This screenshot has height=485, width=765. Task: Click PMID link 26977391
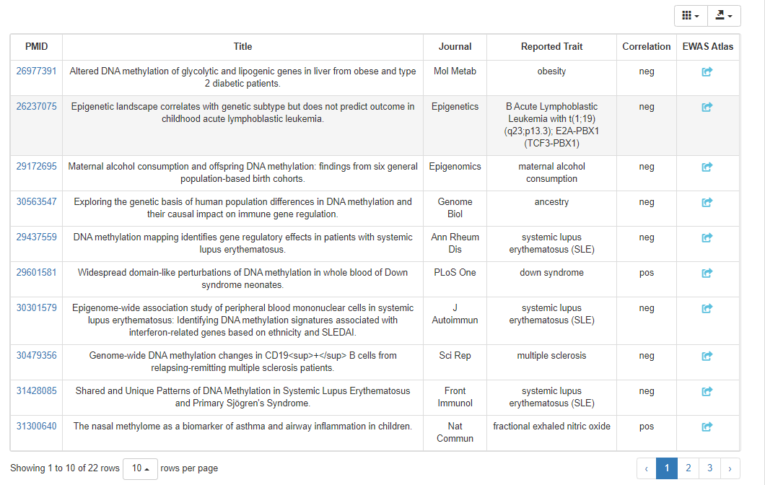tap(36, 71)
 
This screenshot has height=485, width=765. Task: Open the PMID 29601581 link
tap(36, 273)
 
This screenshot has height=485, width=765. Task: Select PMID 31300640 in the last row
tap(36, 427)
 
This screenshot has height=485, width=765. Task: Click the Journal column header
tap(455, 47)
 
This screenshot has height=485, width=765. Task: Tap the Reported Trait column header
tap(551, 47)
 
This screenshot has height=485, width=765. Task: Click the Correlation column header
tap(646, 47)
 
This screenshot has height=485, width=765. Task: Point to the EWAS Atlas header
tap(707, 47)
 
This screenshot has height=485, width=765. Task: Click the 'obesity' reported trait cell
tap(551, 71)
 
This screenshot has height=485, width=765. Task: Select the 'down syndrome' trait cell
tap(551, 273)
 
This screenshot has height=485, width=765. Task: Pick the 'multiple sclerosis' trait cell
tap(551, 356)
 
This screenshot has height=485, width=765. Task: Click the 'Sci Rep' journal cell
tap(455, 356)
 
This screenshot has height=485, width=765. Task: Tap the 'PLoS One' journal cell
tap(455, 273)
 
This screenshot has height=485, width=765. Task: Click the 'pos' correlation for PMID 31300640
tap(646, 427)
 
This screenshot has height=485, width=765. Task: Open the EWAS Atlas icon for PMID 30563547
tap(707, 203)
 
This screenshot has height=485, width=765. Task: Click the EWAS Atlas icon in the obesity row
tap(707, 72)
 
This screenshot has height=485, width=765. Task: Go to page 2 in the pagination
tap(688, 468)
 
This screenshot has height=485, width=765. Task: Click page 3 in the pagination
tap(709, 468)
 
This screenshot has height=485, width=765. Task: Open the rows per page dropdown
tap(141, 468)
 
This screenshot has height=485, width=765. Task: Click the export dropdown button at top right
tap(724, 16)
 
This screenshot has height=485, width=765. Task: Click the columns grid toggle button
tap(691, 16)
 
